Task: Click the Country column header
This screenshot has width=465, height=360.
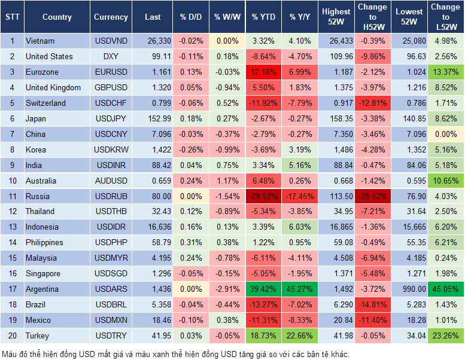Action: [x=57, y=17]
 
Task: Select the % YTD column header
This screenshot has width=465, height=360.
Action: [x=263, y=17]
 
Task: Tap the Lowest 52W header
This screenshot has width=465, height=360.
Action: [x=409, y=17]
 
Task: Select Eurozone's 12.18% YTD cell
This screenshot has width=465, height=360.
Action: [x=263, y=72]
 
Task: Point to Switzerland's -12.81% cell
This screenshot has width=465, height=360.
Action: [x=372, y=103]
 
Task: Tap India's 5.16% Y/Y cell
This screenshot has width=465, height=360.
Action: [x=300, y=165]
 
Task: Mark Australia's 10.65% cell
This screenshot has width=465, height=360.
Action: [x=446, y=181]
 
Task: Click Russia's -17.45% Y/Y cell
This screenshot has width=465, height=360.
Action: [x=300, y=196]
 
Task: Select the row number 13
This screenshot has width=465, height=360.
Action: [x=12, y=227]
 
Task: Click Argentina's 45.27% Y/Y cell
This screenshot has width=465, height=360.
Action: [x=300, y=289]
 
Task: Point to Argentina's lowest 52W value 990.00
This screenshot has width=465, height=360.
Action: [x=409, y=289]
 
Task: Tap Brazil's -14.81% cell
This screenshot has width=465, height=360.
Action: [x=372, y=304]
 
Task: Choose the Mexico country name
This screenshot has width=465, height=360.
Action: [x=38, y=320]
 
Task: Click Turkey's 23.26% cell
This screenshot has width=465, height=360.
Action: [x=446, y=335]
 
